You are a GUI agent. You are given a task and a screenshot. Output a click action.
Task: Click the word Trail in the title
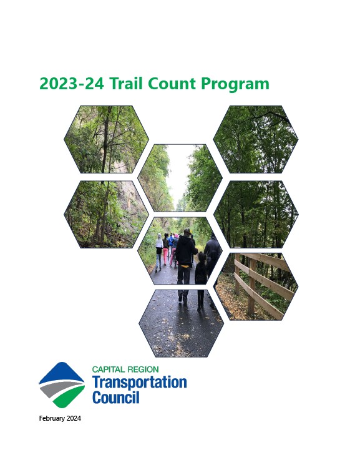click(x=126, y=83)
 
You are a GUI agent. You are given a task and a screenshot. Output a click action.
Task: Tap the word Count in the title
click(x=172, y=83)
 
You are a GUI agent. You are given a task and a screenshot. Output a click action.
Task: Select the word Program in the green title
click(x=235, y=84)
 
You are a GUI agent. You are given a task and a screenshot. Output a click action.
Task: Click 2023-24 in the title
click(x=72, y=83)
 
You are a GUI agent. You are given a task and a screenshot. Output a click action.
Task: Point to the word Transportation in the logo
click(x=139, y=382)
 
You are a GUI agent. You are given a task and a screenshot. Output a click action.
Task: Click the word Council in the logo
click(x=115, y=397)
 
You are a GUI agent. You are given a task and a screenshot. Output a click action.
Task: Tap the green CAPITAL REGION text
click(x=125, y=370)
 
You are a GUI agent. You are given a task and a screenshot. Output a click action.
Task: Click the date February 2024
click(x=60, y=418)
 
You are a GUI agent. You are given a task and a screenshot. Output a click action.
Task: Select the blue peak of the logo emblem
click(x=62, y=372)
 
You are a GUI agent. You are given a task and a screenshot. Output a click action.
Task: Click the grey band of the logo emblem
click(x=61, y=388)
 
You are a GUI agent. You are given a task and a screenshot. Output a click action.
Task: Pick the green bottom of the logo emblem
click(x=67, y=398)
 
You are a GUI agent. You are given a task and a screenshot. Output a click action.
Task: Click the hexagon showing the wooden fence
click(x=256, y=286)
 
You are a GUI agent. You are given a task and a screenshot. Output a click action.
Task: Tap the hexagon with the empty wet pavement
click(x=181, y=323)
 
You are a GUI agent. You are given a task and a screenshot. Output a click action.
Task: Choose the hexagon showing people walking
click(x=180, y=250)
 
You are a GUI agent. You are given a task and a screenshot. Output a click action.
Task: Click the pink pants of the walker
click(x=165, y=255)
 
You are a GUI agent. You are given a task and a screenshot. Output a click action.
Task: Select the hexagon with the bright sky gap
click(x=180, y=178)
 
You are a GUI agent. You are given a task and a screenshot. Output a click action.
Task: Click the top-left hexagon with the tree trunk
click(x=106, y=139)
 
